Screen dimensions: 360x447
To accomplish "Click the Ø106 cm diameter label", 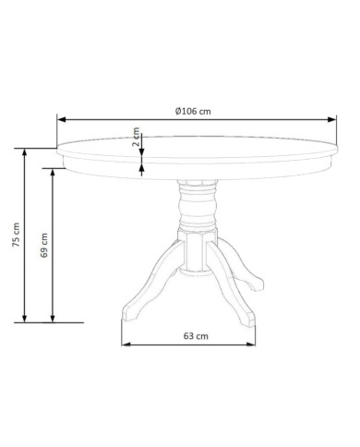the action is click(193, 111).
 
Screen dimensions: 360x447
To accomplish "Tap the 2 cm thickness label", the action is click(136, 137).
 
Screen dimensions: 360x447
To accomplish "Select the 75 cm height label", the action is click(16, 235).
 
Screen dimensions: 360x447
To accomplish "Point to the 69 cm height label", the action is click(44, 246).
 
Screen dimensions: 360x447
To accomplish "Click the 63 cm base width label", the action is click(196, 336).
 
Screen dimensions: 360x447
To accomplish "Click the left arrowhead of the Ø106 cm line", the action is click(62, 119).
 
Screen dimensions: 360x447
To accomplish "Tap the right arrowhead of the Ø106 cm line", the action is click(332, 119).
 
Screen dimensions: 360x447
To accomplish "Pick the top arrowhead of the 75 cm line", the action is click(25, 152).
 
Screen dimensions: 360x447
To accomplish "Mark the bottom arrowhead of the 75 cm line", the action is click(25, 319).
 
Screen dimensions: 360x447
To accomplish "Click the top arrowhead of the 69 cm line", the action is click(53, 173).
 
